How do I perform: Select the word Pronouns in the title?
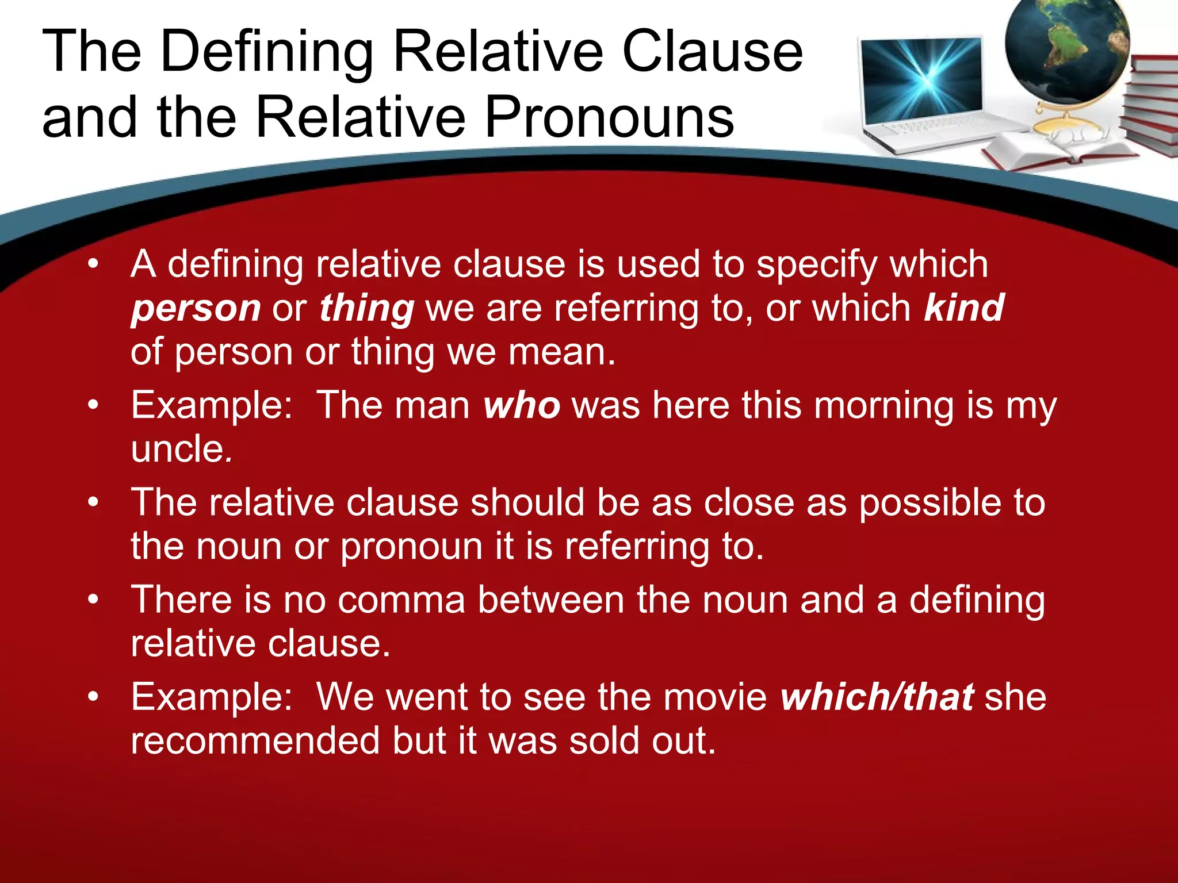coord(610,118)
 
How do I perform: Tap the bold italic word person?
coord(196,309)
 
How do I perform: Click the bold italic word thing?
coord(366,309)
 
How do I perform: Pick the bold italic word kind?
coord(964,308)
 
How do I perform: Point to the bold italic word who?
coord(522,406)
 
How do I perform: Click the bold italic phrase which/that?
coord(877,697)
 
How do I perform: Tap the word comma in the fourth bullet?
coord(401,600)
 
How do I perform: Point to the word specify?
coord(817,266)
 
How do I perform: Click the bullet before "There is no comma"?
coord(93,600)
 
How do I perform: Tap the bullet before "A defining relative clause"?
coord(93,265)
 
